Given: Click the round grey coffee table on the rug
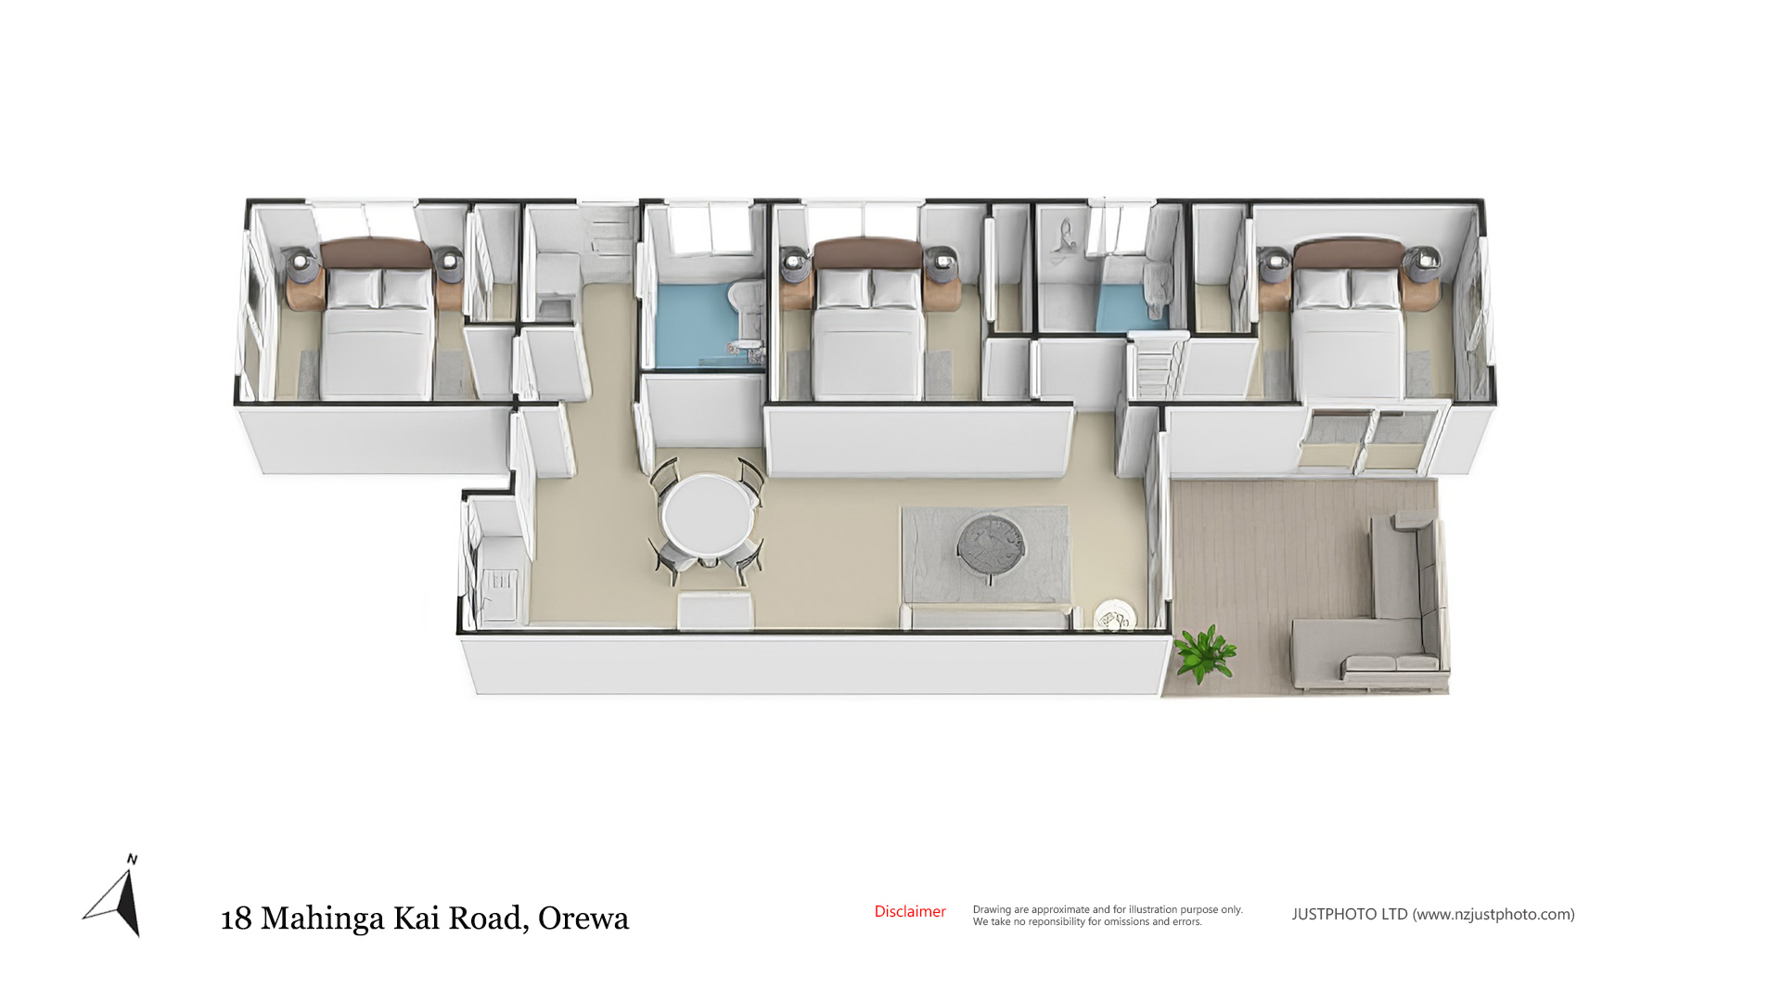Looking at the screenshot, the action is (x=992, y=548).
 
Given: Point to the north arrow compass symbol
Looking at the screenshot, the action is (x=118, y=896).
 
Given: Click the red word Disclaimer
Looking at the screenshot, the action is (x=910, y=912).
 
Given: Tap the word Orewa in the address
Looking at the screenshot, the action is (x=583, y=918).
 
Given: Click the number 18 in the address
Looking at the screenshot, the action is (x=237, y=918).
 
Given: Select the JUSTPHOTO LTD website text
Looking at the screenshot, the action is (x=1433, y=915).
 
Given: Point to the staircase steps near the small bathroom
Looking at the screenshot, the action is (x=1155, y=367).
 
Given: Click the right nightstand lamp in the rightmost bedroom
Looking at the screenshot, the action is (x=1422, y=263).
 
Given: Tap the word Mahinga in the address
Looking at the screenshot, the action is (x=322, y=919).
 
